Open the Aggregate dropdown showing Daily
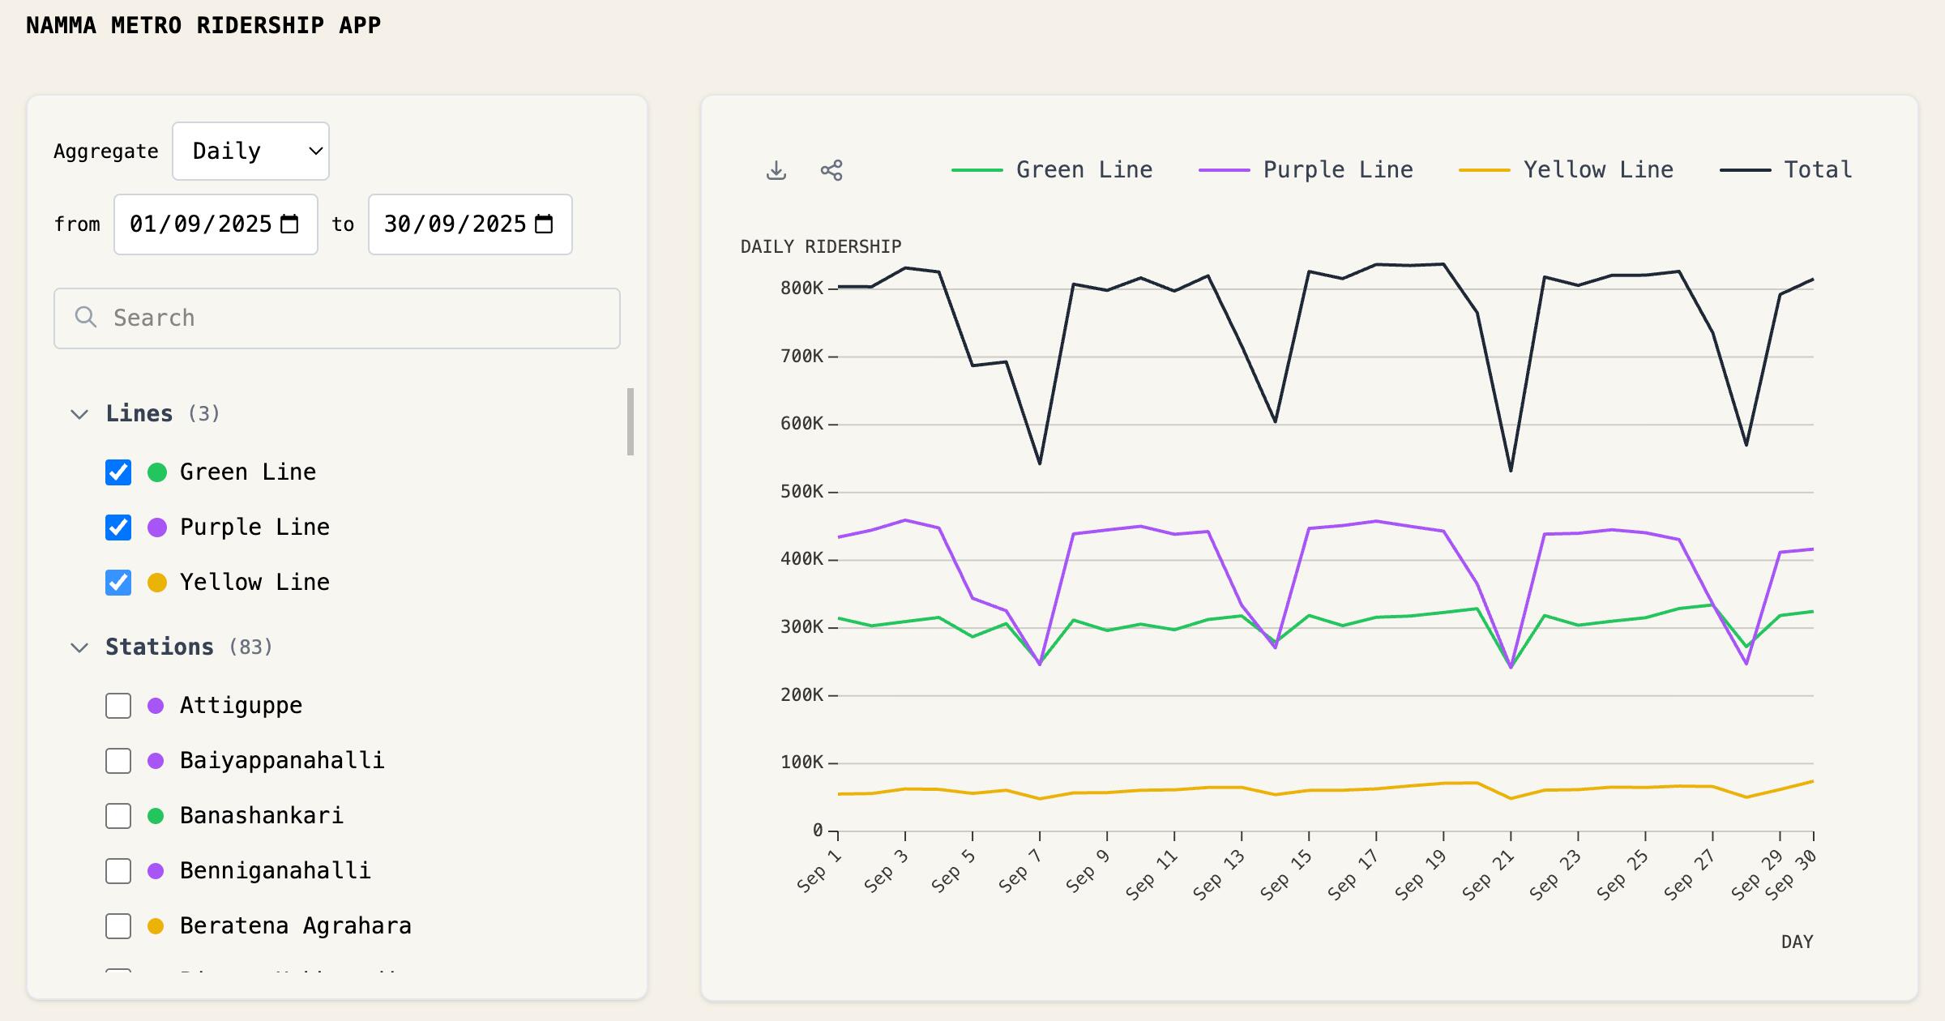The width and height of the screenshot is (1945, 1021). pos(250,152)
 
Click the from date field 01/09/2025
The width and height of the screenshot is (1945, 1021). pos(216,224)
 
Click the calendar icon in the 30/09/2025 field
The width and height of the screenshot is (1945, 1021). pos(545,224)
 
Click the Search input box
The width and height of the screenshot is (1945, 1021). pos(337,318)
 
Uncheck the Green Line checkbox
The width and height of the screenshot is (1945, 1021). pos(118,472)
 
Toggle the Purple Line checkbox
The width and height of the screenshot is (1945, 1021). pos(118,528)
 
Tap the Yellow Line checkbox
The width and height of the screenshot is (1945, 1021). pos(118,583)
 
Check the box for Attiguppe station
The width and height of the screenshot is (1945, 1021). pos(118,706)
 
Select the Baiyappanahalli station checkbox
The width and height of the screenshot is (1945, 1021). pos(118,761)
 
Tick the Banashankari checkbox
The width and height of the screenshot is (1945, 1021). pos(118,816)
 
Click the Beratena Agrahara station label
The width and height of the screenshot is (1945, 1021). pos(296,925)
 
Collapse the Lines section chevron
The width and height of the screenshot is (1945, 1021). pos(79,414)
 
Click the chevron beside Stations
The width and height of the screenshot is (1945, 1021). pos(79,647)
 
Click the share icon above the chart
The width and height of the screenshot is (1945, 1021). pos(831,170)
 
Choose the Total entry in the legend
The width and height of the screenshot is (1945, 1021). pos(1786,170)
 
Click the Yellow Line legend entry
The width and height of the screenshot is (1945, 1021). pos(1566,170)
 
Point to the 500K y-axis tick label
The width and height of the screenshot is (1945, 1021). pos(802,492)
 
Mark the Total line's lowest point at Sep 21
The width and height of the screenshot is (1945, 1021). pos(1511,471)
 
